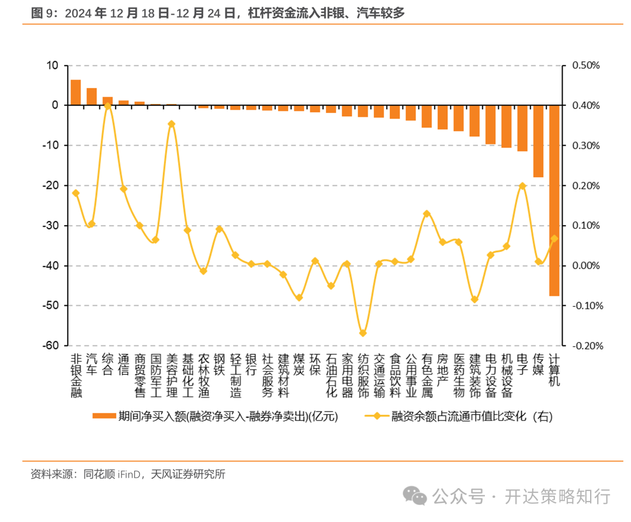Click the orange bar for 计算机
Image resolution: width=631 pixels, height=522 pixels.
click(x=554, y=200)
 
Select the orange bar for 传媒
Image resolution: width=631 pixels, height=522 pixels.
click(x=538, y=141)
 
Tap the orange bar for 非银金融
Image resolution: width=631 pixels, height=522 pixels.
click(x=75, y=92)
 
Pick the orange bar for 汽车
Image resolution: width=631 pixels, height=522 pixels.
click(x=92, y=96)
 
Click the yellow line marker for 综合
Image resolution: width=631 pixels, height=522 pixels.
click(x=108, y=106)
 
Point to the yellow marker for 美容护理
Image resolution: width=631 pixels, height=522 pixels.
click(x=171, y=124)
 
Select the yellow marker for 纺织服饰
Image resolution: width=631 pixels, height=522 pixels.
click(x=363, y=333)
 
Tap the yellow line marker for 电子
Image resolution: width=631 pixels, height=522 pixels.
click(x=522, y=186)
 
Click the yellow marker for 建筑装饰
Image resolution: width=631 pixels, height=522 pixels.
click(x=474, y=300)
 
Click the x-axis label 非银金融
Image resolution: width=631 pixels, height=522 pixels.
click(x=76, y=375)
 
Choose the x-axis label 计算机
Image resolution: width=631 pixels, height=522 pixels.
click(x=554, y=369)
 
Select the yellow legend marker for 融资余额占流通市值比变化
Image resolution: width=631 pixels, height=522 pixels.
click(x=376, y=416)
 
